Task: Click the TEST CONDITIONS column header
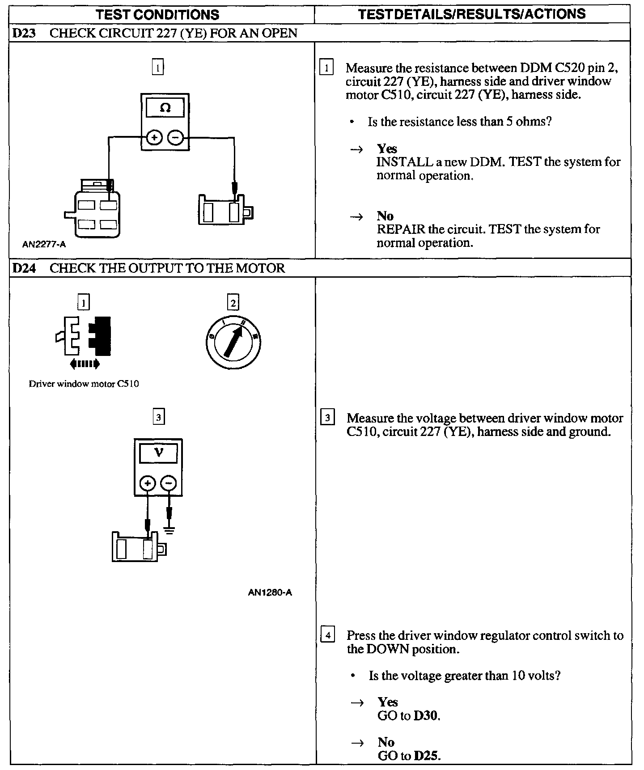[x=157, y=14]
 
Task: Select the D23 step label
[x=24, y=33]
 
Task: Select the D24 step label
[x=24, y=268]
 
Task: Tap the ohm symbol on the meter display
[x=165, y=108]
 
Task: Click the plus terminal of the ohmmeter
[x=154, y=138]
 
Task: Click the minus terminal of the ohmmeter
[x=176, y=138]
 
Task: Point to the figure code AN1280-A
[x=270, y=593]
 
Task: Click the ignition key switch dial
[x=233, y=343]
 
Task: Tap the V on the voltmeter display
[x=158, y=453]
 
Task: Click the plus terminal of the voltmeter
[x=148, y=483]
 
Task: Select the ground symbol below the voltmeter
[x=169, y=531]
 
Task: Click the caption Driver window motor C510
[x=84, y=384]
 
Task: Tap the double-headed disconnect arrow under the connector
[x=85, y=364]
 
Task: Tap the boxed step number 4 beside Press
[x=328, y=635]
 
